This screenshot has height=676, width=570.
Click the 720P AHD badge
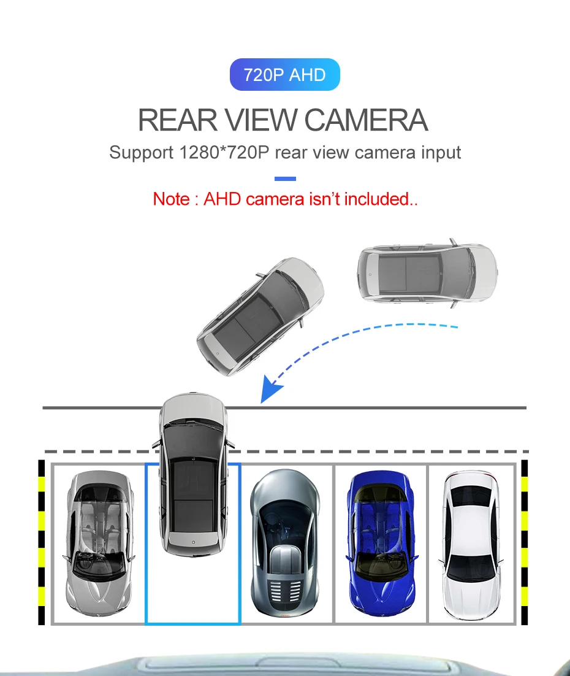click(284, 75)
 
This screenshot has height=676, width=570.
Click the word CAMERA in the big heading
click(366, 120)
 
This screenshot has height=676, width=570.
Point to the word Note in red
click(171, 199)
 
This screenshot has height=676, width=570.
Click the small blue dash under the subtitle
click(285, 179)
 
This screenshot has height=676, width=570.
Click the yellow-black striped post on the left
click(42, 542)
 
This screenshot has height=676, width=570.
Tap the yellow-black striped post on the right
click(525, 542)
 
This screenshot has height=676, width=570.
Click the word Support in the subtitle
click(141, 152)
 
